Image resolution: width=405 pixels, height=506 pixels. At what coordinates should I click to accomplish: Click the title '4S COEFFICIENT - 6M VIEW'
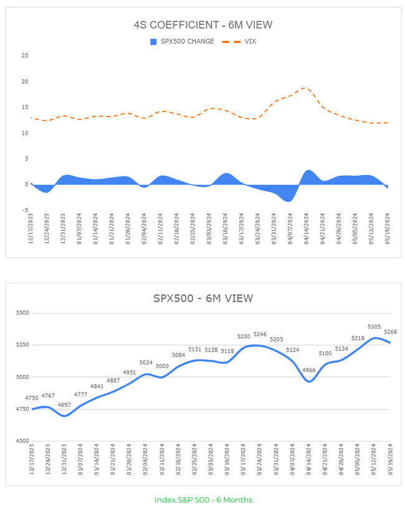click(x=203, y=25)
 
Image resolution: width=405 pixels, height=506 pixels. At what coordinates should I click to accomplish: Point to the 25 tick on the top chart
click(x=24, y=55)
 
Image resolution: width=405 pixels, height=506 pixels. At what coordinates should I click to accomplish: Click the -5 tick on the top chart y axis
click(x=25, y=210)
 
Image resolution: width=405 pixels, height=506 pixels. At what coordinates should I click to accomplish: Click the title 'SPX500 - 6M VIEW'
click(x=203, y=298)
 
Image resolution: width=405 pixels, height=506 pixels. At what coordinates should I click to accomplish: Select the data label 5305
click(x=374, y=327)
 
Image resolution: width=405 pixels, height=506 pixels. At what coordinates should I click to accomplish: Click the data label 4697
click(x=64, y=405)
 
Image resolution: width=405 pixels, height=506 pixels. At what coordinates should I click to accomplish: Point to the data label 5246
click(x=260, y=335)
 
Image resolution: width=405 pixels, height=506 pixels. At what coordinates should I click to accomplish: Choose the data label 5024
click(x=146, y=362)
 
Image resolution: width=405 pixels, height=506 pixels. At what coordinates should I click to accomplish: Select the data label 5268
click(x=391, y=332)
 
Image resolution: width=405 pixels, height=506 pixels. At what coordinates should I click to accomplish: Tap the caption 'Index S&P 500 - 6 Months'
click(x=202, y=499)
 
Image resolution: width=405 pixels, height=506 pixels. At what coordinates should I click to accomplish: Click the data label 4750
click(x=32, y=398)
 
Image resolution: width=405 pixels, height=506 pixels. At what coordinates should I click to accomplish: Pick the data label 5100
click(x=325, y=353)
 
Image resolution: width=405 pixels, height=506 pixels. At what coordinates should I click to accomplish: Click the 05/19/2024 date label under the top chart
click(x=388, y=229)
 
